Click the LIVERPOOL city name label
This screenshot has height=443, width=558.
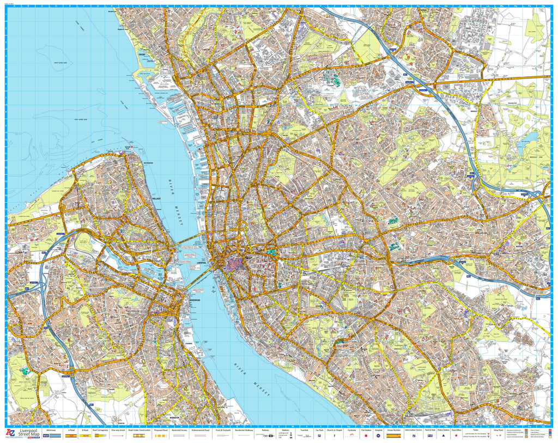coord(204,261)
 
